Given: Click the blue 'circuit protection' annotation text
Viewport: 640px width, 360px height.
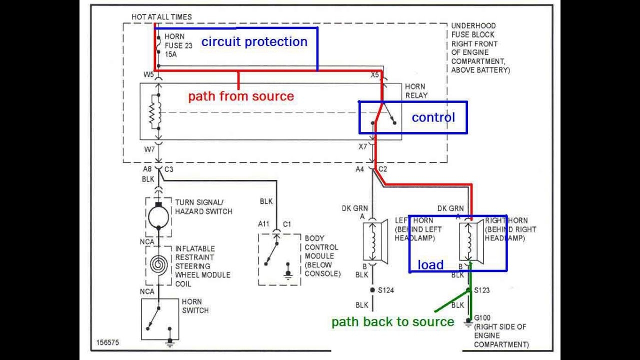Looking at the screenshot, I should click(x=254, y=42).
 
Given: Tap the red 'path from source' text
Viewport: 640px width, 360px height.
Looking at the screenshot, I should click(x=240, y=96).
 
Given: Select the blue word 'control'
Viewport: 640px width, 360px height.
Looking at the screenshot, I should click(x=433, y=117).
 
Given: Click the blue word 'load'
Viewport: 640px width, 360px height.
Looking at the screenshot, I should click(x=430, y=265).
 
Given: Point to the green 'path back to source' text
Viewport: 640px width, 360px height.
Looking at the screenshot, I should click(x=392, y=322).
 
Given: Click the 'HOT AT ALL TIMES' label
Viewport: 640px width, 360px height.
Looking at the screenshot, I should click(x=161, y=17).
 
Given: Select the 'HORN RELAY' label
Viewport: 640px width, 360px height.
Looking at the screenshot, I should click(x=416, y=91).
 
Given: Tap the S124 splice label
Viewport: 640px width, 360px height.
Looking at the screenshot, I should click(x=386, y=290).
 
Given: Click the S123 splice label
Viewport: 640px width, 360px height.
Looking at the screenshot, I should click(x=482, y=290).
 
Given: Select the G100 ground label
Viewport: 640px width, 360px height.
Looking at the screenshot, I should click(x=482, y=317).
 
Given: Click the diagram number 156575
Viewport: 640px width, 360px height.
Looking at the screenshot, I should click(x=107, y=343).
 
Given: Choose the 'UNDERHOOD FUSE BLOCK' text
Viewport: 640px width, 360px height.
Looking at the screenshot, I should click(x=473, y=30).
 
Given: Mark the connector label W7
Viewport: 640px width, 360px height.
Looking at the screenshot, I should click(x=149, y=149).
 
